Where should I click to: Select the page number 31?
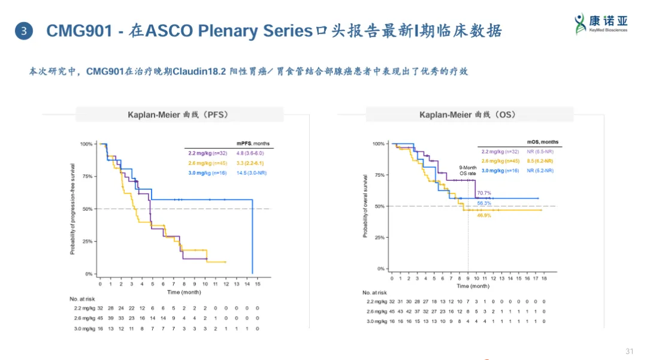[x=629, y=351]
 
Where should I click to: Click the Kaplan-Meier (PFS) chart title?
[x=179, y=114]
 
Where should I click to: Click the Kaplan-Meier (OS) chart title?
[x=468, y=114]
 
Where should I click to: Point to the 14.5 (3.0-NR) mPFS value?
[x=252, y=173]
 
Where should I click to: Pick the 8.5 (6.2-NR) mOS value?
[x=540, y=161]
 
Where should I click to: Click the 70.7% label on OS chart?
[x=484, y=193]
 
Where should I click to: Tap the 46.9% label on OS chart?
[x=484, y=215]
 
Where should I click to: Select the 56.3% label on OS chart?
[x=484, y=203]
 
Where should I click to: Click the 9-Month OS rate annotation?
[x=467, y=171]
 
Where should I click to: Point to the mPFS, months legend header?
[x=253, y=144]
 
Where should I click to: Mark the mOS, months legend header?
[x=542, y=142]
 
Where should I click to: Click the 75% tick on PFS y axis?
[x=86, y=177]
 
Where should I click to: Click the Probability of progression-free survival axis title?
[x=72, y=209]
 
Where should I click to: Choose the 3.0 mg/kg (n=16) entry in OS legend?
[x=500, y=171]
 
